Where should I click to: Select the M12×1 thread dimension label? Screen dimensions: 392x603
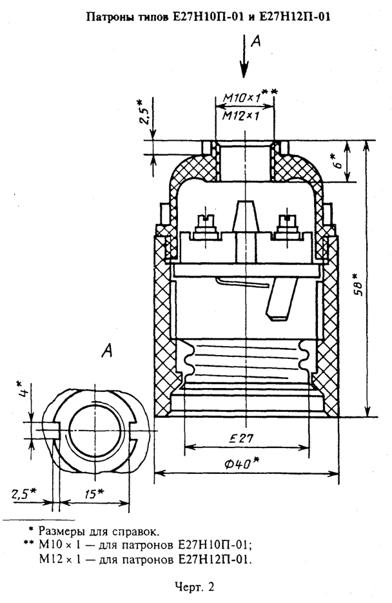(242, 116)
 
